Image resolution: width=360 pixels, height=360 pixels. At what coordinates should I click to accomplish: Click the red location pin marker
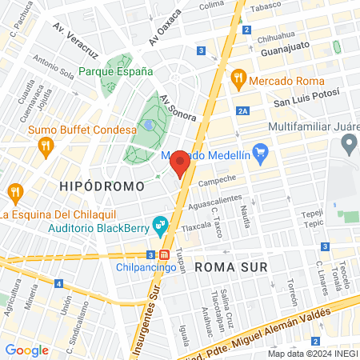pos(180,162)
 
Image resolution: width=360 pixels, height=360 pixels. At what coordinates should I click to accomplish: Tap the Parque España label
pos(115,71)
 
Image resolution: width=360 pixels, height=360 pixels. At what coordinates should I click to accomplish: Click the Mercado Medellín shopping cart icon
pos(259,152)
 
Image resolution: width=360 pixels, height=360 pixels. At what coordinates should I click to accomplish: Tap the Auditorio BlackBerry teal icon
pos(158,225)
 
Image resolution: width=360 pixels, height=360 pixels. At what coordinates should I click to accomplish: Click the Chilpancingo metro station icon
pos(164,254)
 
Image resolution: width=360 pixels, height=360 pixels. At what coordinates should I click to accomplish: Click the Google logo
pos(27,349)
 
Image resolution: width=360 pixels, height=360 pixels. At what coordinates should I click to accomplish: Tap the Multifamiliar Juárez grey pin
pos(348,145)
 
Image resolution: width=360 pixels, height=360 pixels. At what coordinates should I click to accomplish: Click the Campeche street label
pos(218,179)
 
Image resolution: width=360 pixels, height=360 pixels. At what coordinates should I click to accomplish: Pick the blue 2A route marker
pos(244,112)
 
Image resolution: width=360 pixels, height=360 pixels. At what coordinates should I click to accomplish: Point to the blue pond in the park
pos(149,125)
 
